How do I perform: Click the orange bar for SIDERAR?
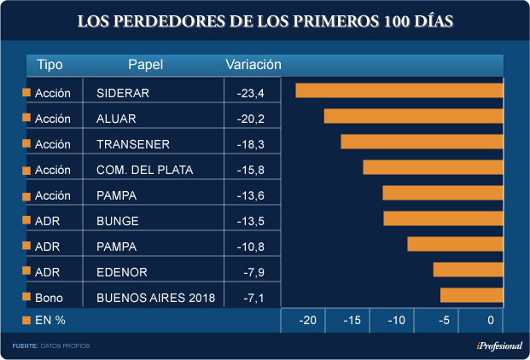[x=399, y=90]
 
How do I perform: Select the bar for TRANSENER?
[x=422, y=142]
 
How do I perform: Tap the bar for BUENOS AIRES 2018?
[x=471, y=295]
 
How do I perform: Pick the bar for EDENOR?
[x=468, y=270]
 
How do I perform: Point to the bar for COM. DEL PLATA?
[x=433, y=167]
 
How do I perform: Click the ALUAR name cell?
[x=117, y=118]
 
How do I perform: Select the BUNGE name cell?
[x=118, y=220]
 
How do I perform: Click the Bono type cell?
[x=48, y=297]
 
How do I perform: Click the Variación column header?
[x=253, y=65]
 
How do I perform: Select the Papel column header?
[x=145, y=65]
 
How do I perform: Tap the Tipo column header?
[x=50, y=65]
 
